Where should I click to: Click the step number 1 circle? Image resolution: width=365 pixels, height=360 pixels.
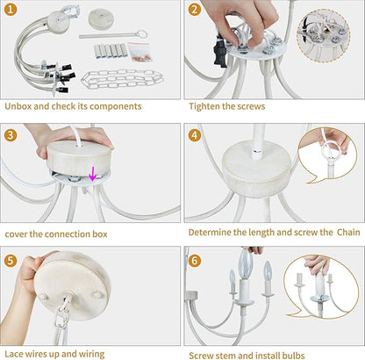click(11, 10)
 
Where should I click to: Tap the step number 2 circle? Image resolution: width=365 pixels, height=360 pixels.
click(195, 10)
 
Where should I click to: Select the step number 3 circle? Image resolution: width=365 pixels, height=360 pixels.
click(11, 135)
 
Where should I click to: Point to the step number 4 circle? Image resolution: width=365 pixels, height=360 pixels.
click(195, 135)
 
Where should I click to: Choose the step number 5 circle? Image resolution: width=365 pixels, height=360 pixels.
click(11, 261)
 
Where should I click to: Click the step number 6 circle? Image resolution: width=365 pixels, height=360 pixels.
click(195, 261)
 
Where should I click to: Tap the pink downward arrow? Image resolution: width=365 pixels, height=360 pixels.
click(93, 174)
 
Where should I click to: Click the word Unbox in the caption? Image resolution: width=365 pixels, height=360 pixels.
click(18, 106)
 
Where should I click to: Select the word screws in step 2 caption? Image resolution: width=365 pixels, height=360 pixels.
click(252, 106)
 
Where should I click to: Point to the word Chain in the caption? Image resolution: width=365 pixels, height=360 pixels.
click(348, 232)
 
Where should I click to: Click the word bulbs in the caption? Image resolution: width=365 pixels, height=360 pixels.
click(293, 356)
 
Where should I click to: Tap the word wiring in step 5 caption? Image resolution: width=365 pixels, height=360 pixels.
click(91, 354)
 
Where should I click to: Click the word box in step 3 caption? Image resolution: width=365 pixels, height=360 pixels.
click(100, 234)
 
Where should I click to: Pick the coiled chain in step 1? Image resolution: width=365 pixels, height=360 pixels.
click(122, 79)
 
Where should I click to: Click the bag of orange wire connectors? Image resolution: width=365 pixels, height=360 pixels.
click(140, 52)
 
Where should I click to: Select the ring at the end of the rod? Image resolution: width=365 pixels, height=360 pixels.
click(142, 33)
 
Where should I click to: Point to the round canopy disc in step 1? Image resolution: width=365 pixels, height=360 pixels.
click(101, 18)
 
